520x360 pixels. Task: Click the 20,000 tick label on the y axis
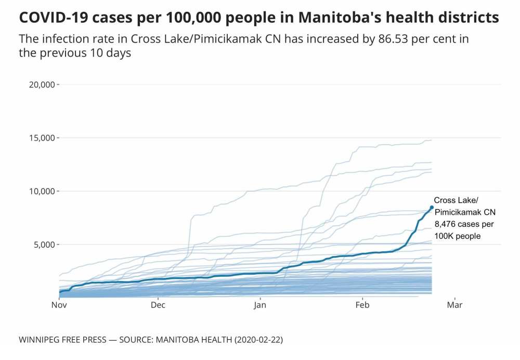41,84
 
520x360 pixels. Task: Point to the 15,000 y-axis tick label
41,138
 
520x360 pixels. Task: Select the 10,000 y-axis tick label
41,191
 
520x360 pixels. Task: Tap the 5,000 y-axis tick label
43,245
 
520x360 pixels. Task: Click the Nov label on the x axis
59,305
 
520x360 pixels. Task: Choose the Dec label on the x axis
158,305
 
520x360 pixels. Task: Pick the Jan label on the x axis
260,305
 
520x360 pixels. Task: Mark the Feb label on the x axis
362,305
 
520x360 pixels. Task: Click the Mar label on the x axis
455,305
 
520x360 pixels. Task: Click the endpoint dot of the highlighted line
432,208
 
